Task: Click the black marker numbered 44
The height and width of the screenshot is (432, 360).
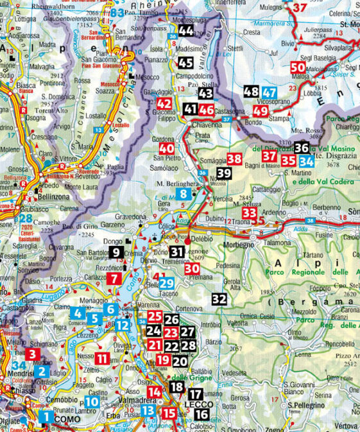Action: [186, 31]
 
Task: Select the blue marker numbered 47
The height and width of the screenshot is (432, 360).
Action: [270, 92]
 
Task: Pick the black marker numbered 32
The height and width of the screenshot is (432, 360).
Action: [219, 298]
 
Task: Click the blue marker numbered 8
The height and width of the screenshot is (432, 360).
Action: [184, 194]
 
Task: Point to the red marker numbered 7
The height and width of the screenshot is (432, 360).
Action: [114, 278]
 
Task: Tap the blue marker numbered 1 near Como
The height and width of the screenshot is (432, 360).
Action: [46, 417]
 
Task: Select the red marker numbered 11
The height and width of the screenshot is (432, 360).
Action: [103, 359]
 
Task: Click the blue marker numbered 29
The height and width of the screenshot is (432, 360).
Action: [166, 284]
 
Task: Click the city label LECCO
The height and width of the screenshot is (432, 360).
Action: [191, 406]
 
